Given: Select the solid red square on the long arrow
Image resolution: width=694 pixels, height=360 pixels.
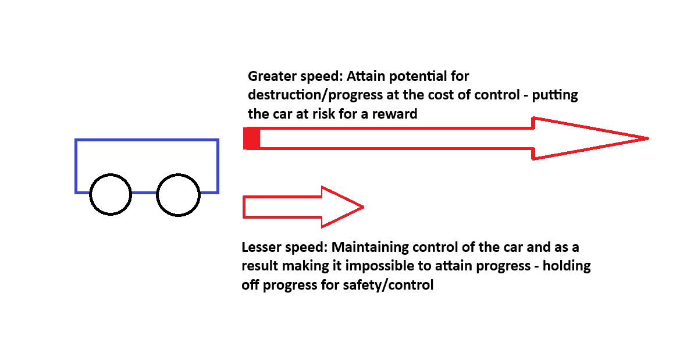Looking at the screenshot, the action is pos(251,138).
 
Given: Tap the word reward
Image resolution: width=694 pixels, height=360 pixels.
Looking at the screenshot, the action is pos(394,114).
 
